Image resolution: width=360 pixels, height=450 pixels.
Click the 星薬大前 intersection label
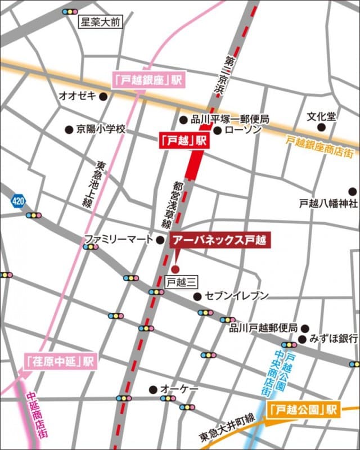coord(101,23)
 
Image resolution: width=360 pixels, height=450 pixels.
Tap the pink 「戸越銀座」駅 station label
coord(148,80)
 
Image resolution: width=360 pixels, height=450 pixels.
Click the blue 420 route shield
coord(17,201)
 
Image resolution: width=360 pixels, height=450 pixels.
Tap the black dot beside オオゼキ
coord(103,96)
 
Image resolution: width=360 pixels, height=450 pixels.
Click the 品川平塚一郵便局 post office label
coord(230,119)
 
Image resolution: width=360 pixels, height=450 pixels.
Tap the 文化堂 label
coord(321,116)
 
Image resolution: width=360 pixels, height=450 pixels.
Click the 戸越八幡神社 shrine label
coord(328,203)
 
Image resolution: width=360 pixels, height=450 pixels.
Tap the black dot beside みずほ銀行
coord(302,339)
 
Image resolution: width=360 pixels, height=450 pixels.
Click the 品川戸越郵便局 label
coord(263,328)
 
